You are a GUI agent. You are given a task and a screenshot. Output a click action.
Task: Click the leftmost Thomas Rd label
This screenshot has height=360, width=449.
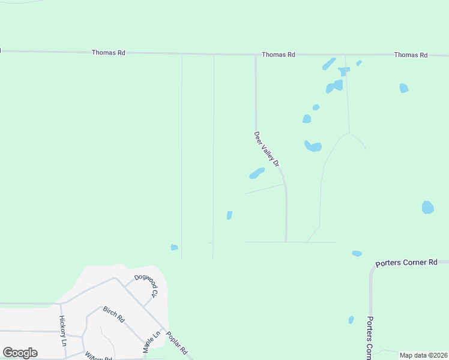click(x=108, y=53)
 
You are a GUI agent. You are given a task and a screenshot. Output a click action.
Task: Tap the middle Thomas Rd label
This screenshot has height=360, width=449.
click(x=279, y=55)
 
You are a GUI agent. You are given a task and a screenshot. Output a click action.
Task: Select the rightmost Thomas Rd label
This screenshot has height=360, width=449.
click(x=411, y=55)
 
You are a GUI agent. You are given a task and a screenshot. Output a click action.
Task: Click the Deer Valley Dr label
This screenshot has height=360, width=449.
click(x=267, y=149)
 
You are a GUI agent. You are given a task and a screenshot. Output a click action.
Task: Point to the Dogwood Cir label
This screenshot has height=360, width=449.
click(x=146, y=286)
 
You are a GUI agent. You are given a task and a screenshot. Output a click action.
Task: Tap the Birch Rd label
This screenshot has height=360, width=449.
click(x=113, y=314)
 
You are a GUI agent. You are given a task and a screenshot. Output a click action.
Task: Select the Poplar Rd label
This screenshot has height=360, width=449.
click(x=177, y=343)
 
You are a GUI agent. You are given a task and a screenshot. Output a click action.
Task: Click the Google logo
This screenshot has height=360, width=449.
click(x=20, y=353)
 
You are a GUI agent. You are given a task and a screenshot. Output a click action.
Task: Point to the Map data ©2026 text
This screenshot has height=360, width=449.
click(x=423, y=355)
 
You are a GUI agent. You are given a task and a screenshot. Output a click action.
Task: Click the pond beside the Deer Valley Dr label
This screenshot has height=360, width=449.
click(x=256, y=173)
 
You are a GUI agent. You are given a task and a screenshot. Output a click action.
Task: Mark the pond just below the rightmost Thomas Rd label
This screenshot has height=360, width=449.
click(x=404, y=88)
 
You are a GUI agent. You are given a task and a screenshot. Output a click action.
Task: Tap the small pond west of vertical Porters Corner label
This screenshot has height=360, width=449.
click(x=351, y=320)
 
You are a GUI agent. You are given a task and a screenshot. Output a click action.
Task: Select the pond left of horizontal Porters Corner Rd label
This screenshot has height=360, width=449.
click(x=357, y=254)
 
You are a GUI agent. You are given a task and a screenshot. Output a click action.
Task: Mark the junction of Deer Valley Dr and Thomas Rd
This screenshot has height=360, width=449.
click(x=256, y=55)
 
